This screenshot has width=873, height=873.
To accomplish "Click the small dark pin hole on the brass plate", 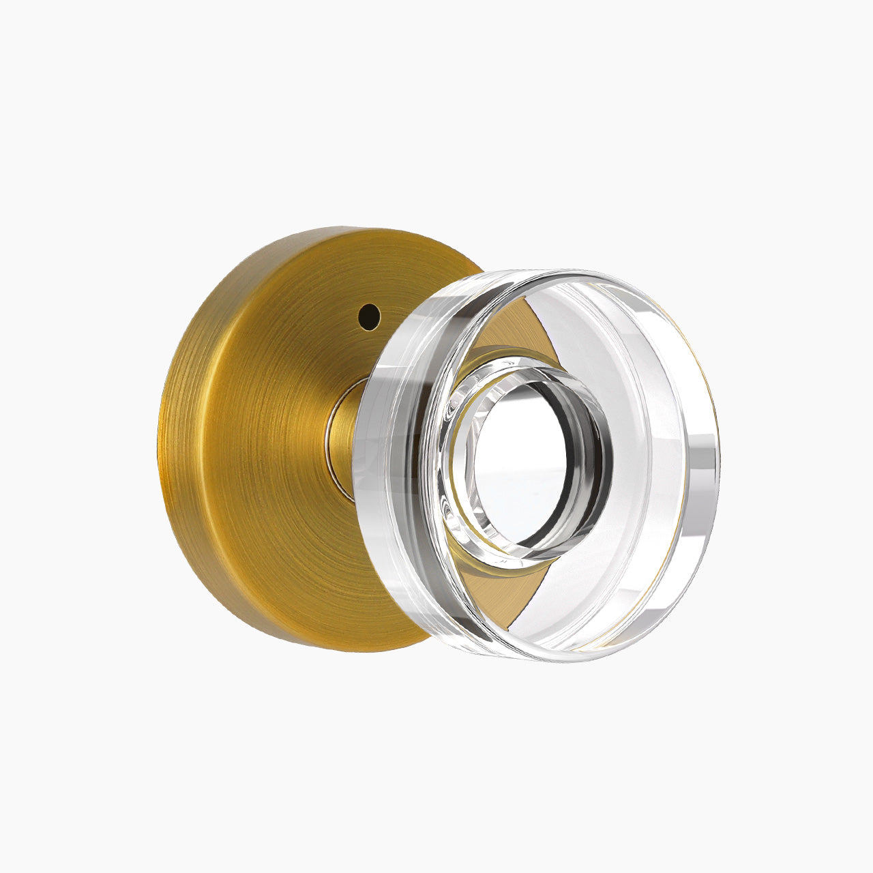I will [369, 316].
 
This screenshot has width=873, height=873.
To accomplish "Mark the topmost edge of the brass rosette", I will [341, 229].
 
